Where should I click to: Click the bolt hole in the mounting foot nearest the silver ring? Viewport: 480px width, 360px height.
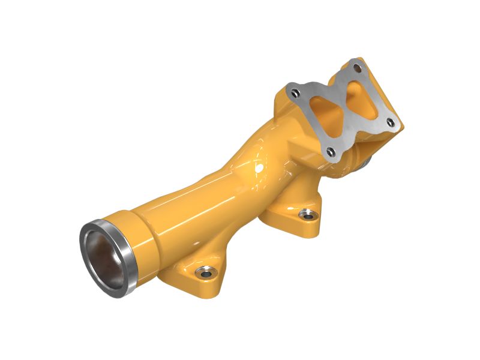coord(206,274)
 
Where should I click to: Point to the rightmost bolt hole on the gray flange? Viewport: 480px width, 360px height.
coord(390,123)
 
